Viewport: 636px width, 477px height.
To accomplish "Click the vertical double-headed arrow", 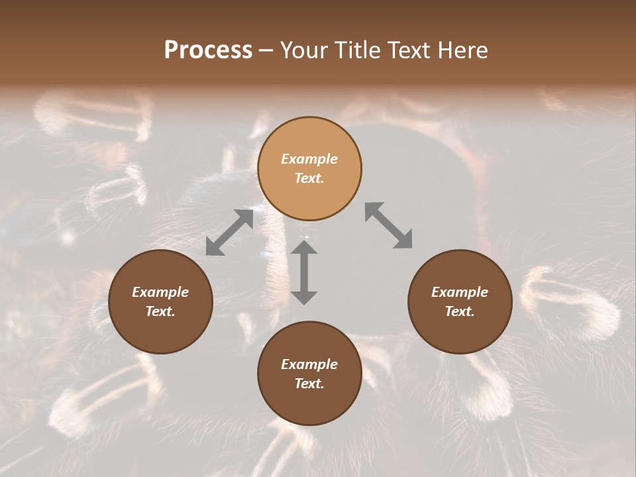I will [x=304, y=272].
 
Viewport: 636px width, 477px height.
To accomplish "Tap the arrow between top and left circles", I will [x=229, y=233].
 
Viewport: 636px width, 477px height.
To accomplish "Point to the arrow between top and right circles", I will [x=388, y=225].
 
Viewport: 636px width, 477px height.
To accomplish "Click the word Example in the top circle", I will [x=309, y=159].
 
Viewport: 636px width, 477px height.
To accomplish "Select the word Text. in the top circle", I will [x=309, y=178].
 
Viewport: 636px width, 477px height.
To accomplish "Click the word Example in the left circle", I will [x=160, y=292].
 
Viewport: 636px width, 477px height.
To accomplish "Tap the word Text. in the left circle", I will [x=160, y=311].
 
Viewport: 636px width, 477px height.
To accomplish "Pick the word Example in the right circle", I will [x=460, y=292].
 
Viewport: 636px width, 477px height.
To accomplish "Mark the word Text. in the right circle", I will [x=460, y=311].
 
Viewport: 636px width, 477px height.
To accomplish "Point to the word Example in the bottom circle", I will [x=309, y=364].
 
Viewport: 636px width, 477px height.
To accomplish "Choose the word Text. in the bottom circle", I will [x=309, y=384].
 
